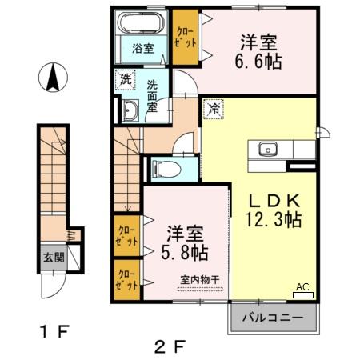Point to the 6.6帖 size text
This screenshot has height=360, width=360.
[258, 62]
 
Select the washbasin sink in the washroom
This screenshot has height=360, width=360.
[130, 111]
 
